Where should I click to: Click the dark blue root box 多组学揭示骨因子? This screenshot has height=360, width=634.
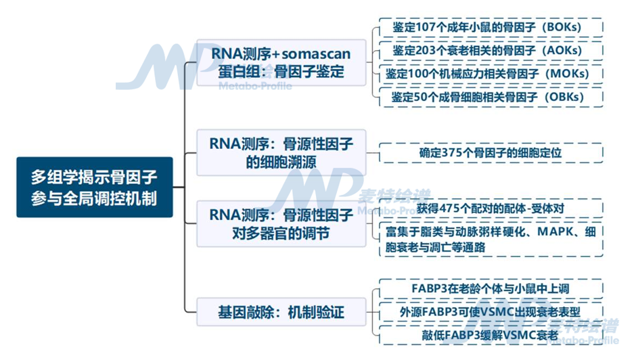click(x=95, y=187)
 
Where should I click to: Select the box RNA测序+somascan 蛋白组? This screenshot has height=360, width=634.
click(x=281, y=62)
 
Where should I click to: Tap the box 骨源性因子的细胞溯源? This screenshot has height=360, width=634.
click(x=281, y=153)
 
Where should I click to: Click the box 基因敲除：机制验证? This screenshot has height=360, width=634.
click(x=281, y=313)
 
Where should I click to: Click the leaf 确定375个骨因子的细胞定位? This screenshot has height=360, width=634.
click(x=490, y=153)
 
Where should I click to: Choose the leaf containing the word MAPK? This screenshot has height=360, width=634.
click(x=490, y=240)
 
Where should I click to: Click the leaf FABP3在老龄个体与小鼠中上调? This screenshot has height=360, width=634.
click(x=490, y=288)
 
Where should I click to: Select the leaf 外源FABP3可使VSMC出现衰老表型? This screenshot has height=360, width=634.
click(x=490, y=312)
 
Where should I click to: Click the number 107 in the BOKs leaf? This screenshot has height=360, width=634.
click(x=429, y=28)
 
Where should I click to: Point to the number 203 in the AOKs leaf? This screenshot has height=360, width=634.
click(x=429, y=51)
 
